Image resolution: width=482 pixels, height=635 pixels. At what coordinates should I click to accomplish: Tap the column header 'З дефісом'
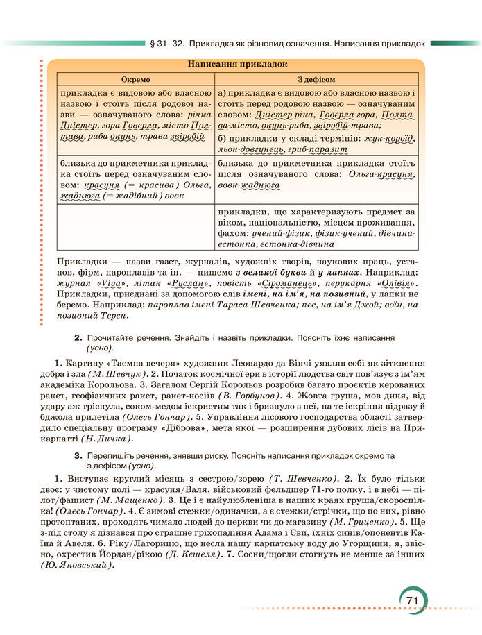coord(316,79)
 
